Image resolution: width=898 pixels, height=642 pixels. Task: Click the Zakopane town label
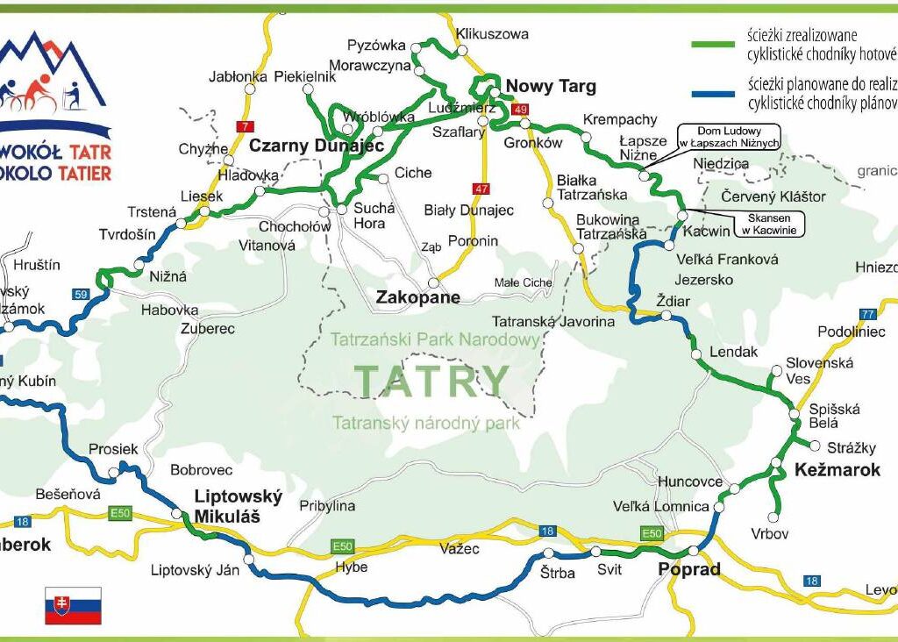tap(417, 298)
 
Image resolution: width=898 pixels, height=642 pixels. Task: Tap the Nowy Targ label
tap(551, 86)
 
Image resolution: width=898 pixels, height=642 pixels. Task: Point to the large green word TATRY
tap(431, 381)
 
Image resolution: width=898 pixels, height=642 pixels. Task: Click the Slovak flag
tap(73, 605)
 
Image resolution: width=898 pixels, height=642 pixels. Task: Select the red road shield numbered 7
tap(244, 126)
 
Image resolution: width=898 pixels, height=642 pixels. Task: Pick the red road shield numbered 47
tap(480, 189)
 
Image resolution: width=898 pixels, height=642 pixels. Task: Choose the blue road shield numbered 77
tap(868, 314)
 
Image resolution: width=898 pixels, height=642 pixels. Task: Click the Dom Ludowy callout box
tap(728, 137)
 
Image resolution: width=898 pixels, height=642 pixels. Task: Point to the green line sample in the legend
tap(715, 45)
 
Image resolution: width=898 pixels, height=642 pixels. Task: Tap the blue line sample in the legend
tap(715, 92)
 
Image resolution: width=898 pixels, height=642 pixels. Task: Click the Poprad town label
tap(688, 569)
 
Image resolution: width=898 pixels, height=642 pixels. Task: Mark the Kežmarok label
tap(837, 470)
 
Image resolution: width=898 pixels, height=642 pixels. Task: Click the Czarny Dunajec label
tap(317, 145)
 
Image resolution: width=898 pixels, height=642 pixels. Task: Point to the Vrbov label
tap(769, 533)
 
